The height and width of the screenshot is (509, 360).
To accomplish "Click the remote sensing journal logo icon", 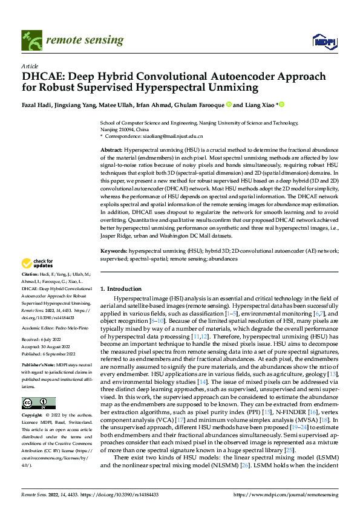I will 30,40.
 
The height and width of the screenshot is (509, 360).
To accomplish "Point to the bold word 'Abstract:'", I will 111,149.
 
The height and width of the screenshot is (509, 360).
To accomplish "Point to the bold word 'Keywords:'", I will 113,249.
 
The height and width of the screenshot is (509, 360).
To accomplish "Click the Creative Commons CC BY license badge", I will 38,403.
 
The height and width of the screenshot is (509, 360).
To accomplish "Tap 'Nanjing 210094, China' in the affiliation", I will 125,129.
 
